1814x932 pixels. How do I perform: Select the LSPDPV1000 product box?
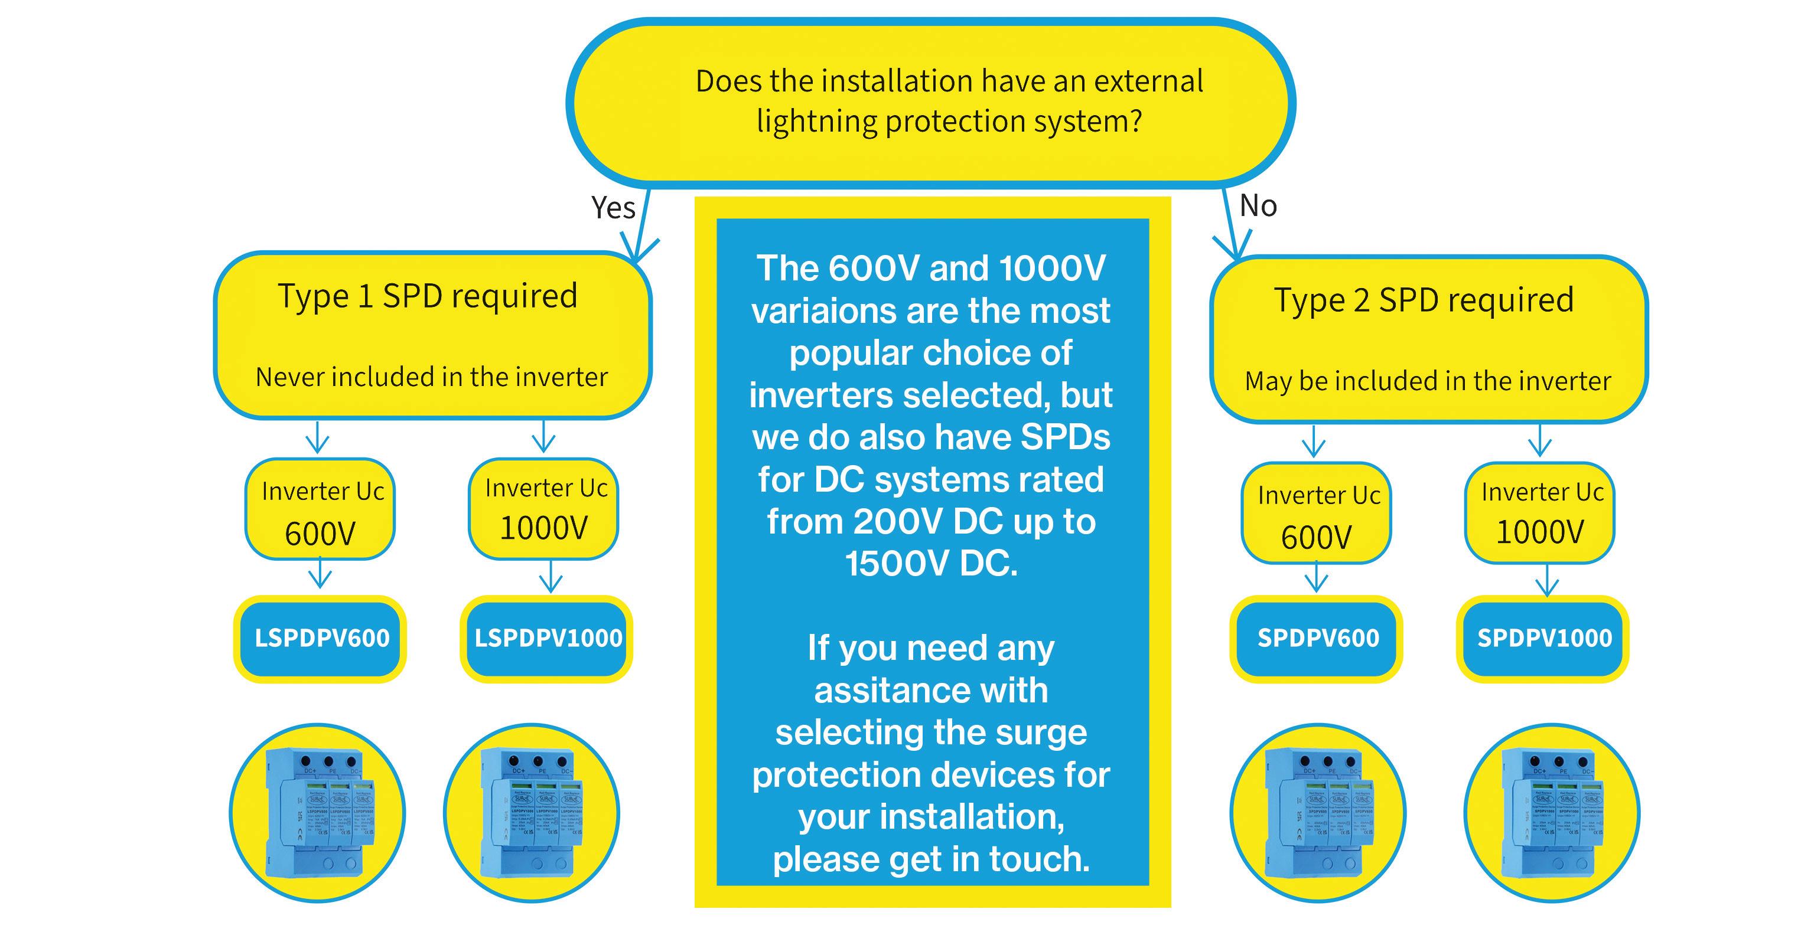547,639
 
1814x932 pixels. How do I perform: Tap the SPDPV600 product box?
1317,639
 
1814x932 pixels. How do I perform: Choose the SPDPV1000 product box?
1543,639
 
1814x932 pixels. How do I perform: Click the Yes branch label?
613,208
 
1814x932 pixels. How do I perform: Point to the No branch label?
1258,205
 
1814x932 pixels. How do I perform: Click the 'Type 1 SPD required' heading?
428,296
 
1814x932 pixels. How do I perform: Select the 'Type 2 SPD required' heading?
1424,300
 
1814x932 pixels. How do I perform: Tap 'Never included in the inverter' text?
432,377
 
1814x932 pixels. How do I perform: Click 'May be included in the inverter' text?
1428,381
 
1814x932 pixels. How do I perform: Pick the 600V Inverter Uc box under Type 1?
320,509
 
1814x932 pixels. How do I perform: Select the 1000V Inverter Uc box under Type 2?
1540,512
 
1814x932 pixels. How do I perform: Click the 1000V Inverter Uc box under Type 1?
543,508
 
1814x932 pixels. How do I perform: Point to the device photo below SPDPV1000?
1552,813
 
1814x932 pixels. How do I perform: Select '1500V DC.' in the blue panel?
931,564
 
